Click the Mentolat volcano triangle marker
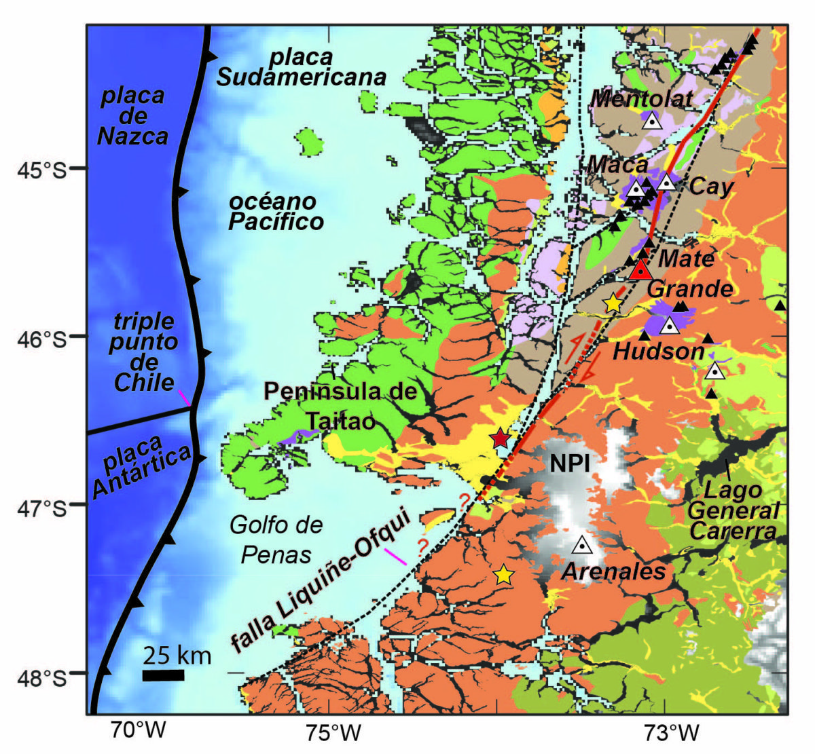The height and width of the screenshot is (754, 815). click(652, 121)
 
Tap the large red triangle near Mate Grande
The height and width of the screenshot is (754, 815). click(640, 270)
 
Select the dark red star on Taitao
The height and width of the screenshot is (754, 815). click(501, 438)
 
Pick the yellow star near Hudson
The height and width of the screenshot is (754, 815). click(613, 303)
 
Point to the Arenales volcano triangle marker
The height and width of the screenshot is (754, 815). click(582, 544)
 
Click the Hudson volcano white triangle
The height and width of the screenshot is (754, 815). click(670, 325)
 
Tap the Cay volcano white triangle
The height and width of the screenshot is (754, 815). click(666, 181)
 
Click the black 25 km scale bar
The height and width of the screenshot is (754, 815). click(163, 675)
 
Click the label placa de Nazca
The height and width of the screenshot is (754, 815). click(132, 116)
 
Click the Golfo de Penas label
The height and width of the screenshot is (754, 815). click(276, 540)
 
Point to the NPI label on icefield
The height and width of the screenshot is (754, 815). click(570, 463)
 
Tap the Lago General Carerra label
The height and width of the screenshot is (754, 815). click(733, 510)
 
